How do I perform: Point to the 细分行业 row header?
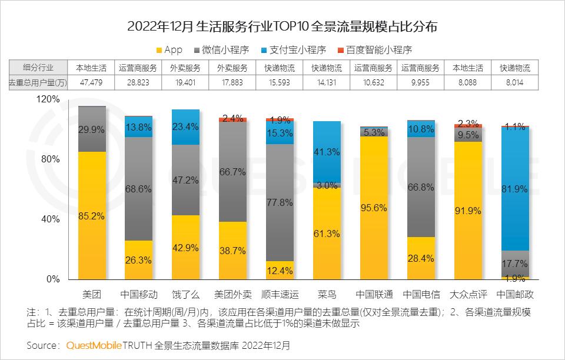click(x=36, y=68)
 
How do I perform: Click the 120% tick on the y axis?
click(x=48, y=99)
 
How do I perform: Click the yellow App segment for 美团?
click(x=92, y=215)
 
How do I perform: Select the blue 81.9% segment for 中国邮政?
click(x=515, y=189)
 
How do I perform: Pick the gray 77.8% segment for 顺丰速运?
click(x=280, y=202)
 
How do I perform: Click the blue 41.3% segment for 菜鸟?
click(x=327, y=152)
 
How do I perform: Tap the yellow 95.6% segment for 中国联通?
click(x=374, y=208)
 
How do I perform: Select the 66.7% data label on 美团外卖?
click(x=233, y=172)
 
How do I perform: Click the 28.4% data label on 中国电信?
click(x=421, y=259)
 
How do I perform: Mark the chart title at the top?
click(x=282, y=26)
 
